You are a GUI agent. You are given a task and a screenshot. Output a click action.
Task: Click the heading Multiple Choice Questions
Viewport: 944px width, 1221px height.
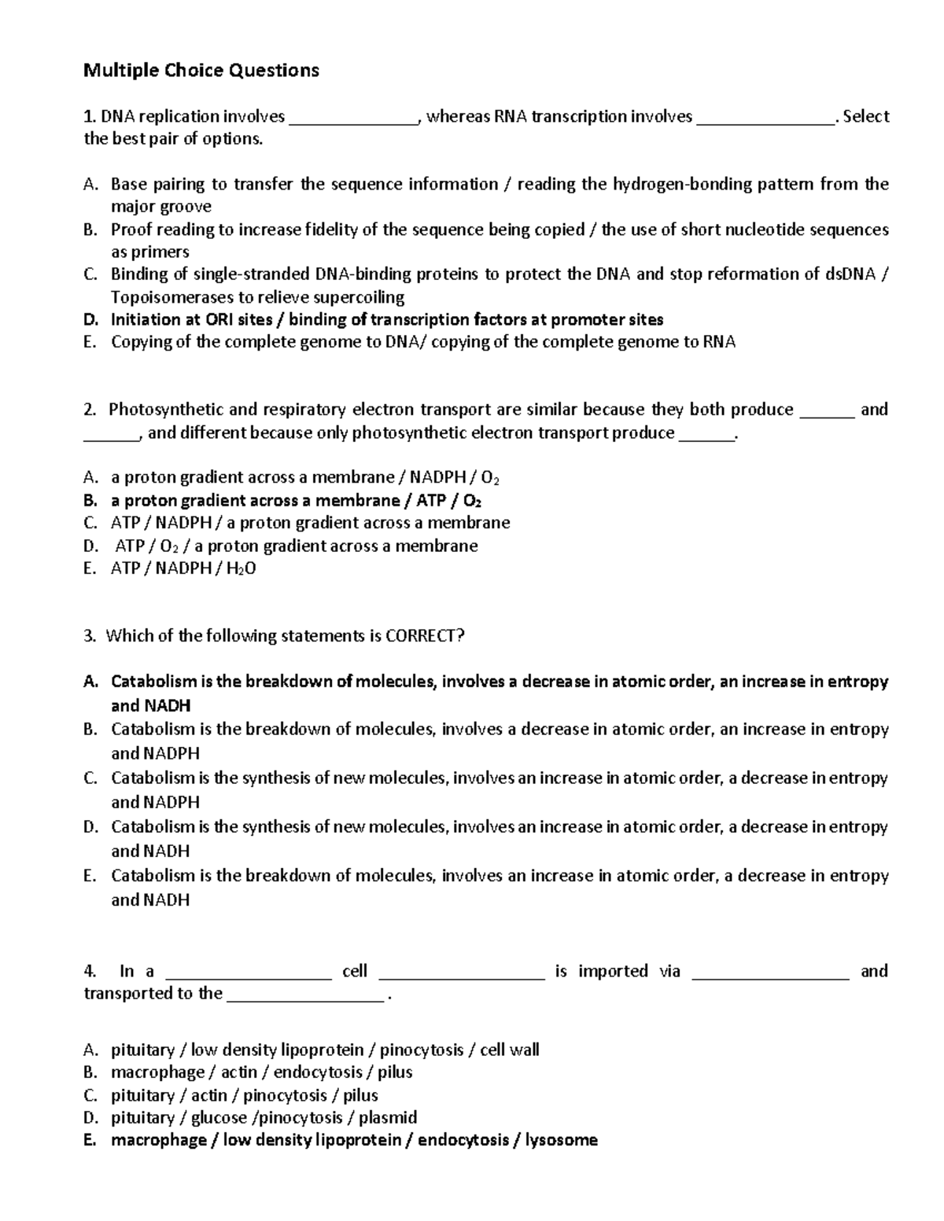(x=201, y=71)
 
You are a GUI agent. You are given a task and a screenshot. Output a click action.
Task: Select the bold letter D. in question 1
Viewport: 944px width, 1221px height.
(x=91, y=319)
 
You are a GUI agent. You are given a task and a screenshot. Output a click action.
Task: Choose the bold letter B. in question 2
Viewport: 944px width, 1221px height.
(x=90, y=500)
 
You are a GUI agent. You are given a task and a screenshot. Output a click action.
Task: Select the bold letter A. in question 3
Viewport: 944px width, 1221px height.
(x=91, y=681)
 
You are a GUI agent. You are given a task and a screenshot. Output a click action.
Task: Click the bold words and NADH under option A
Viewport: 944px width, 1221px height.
(x=150, y=705)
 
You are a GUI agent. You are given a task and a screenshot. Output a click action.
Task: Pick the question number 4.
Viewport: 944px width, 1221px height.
(x=90, y=971)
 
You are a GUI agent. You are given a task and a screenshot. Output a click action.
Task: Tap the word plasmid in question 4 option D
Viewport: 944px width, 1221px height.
(x=388, y=1117)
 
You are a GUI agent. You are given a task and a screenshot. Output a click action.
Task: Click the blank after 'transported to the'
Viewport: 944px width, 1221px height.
(x=305, y=995)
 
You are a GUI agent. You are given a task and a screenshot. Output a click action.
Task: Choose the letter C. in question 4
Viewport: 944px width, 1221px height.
(x=91, y=1094)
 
